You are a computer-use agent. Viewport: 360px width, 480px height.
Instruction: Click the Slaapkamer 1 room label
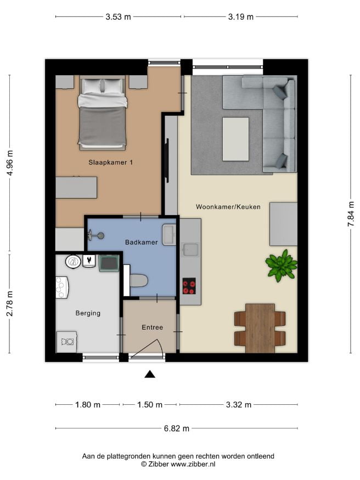(110, 162)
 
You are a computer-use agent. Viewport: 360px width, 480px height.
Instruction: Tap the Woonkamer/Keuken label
(228, 207)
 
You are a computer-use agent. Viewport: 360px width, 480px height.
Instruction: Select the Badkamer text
(142, 242)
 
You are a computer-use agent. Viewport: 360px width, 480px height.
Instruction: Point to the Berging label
(88, 313)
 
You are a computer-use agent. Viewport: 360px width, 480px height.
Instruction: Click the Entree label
(152, 327)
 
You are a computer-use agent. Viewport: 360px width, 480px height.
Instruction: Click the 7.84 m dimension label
(351, 214)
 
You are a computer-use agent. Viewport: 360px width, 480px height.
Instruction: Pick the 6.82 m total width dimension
(177, 428)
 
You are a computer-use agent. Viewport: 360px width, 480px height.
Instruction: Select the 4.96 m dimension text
(10, 163)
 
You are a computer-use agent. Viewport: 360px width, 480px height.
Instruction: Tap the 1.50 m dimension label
(149, 405)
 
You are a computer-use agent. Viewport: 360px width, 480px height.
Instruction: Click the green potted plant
(281, 266)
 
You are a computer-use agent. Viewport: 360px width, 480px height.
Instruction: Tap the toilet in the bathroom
(139, 280)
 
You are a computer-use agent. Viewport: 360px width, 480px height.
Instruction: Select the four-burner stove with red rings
(189, 286)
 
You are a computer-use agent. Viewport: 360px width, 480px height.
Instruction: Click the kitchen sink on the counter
(190, 249)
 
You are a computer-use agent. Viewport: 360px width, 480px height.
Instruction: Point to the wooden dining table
(260, 328)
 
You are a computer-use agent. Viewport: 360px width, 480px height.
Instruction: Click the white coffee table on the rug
(235, 139)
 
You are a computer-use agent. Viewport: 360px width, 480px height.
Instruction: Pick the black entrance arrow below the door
(150, 374)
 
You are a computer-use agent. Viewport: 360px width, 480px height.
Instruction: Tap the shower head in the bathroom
(96, 235)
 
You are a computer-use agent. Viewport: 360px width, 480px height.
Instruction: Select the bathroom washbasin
(168, 235)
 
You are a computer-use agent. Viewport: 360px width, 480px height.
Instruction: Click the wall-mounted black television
(167, 161)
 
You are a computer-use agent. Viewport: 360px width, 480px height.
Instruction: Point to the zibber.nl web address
(193, 464)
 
